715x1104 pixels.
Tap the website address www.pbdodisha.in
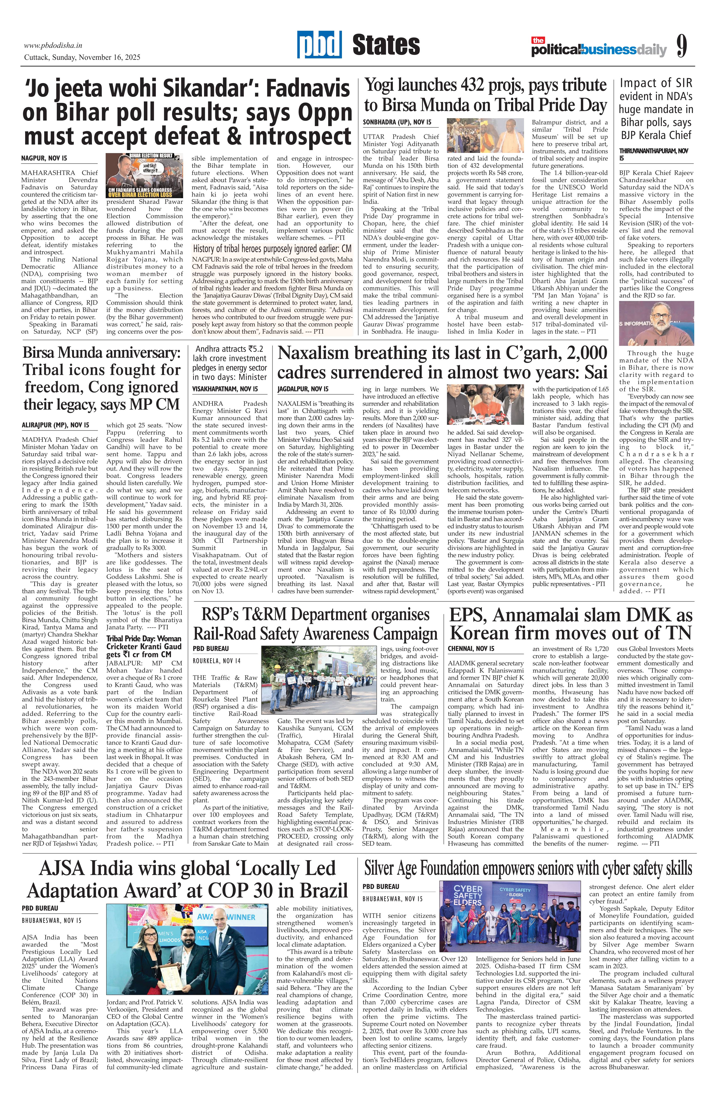[x=53, y=45]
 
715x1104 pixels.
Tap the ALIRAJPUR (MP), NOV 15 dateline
[x=56, y=424]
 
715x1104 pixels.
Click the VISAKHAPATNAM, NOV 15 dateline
[x=225, y=389]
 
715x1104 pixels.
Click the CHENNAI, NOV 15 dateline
[x=471, y=648]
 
